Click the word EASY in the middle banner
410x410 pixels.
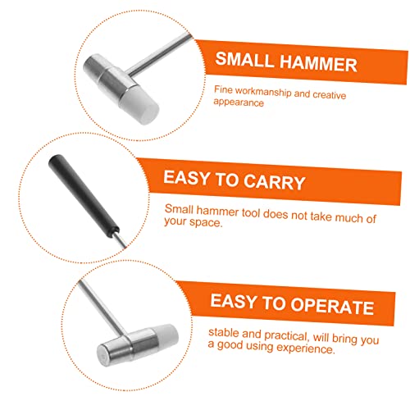coord(192,181)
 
